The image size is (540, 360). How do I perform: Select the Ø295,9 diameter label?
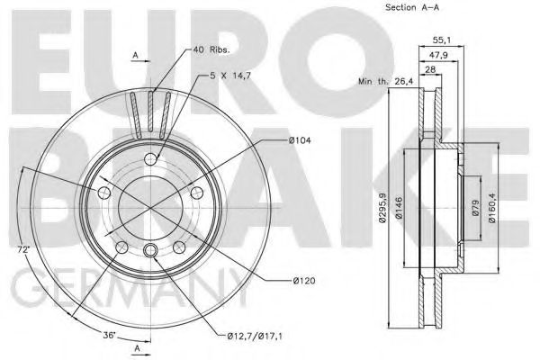point(383,209)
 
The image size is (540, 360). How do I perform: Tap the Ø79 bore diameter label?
point(474,209)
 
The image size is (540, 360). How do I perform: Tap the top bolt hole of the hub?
point(151,159)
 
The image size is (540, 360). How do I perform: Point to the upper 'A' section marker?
point(136,57)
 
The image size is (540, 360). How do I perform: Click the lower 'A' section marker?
point(136,346)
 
